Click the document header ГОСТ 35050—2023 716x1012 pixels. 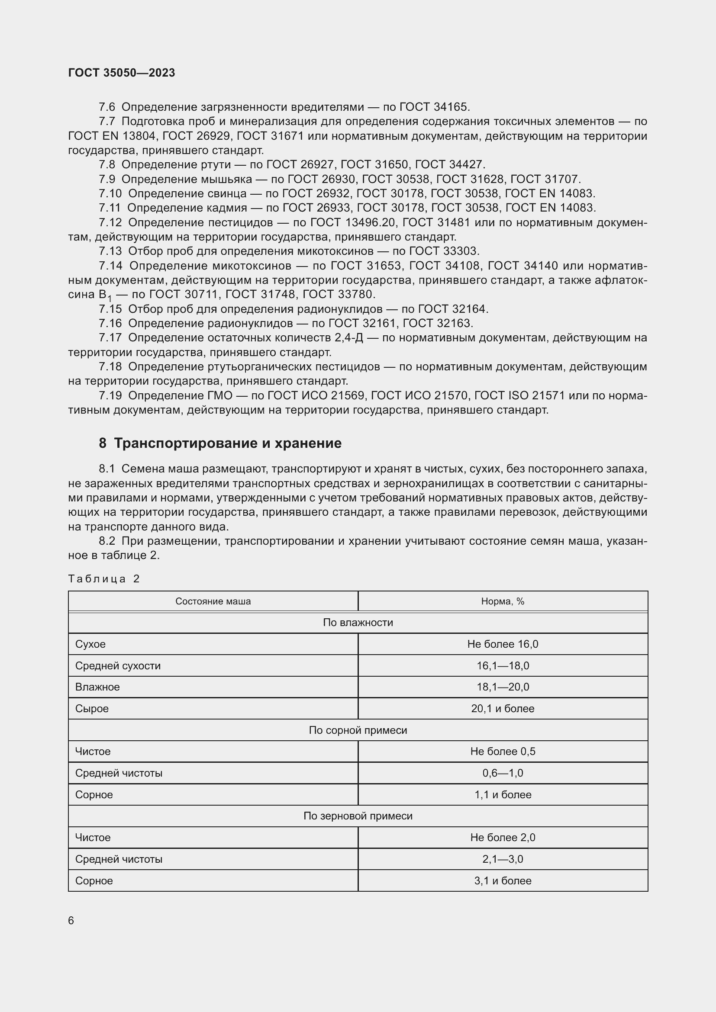[121, 73]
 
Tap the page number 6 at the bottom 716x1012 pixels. [71, 920]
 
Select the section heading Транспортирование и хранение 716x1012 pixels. [227, 443]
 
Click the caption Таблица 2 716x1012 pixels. [103, 579]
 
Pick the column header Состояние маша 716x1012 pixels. [213, 601]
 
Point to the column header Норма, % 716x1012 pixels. [503, 601]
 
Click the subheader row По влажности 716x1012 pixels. [358, 622]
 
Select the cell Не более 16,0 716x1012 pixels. [503, 644]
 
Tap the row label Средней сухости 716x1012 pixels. [118, 665]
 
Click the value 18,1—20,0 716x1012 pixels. [503, 687]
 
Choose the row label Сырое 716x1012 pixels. [92, 708]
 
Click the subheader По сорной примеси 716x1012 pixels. [358, 730]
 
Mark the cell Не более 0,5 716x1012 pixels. [503, 751]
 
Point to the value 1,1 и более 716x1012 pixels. [503, 794]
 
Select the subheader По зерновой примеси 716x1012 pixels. [358, 816]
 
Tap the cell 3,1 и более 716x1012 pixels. [503, 880]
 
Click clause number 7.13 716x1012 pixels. [110, 251]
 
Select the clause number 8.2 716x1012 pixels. [106, 541]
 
